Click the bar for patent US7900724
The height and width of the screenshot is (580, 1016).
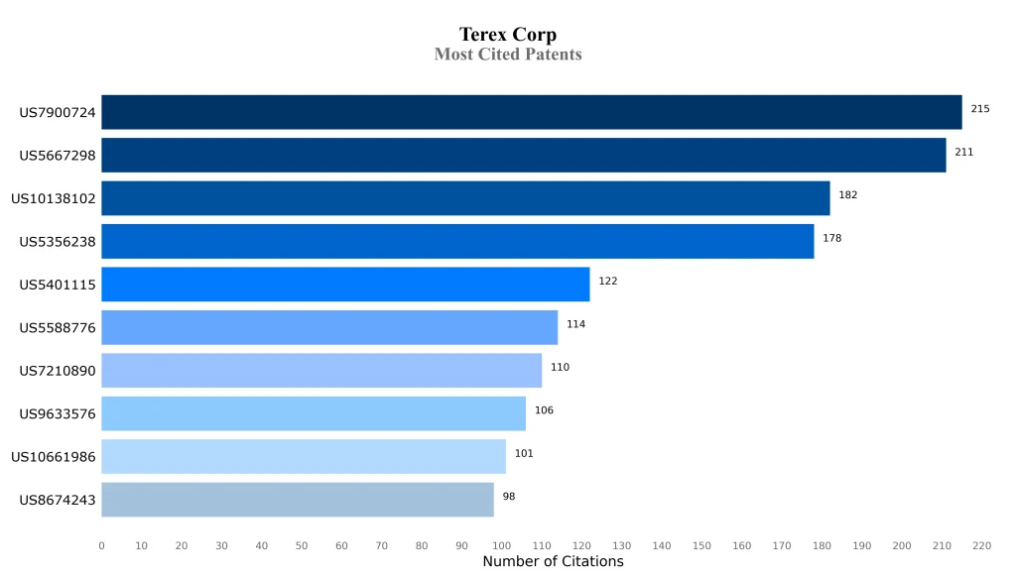point(531,112)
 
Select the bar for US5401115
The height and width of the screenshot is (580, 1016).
point(345,285)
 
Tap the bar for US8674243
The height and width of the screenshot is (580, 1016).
point(298,500)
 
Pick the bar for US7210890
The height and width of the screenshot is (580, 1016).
point(321,371)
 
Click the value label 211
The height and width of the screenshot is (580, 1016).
point(963,153)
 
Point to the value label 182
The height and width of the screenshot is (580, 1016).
point(847,195)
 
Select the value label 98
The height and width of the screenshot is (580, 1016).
point(509,497)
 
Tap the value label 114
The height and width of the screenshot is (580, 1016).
point(575,324)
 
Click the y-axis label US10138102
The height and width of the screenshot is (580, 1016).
point(54,199)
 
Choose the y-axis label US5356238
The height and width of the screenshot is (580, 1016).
point(58,242)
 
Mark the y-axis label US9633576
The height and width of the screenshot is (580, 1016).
point(58,414)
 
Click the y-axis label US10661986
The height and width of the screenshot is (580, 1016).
point(54,457)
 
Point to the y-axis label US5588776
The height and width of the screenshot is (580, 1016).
point(58,328)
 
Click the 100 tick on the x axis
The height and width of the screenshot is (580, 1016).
point(501,546)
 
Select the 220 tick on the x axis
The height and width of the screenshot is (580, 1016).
point(981,546)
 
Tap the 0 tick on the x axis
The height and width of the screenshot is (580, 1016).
point(101,546)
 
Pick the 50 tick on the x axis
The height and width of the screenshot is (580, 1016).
point(302,546)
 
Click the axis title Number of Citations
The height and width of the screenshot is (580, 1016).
point(553,562)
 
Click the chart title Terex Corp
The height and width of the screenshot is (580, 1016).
point(508,36)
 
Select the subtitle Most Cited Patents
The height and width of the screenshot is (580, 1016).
point(508,55)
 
